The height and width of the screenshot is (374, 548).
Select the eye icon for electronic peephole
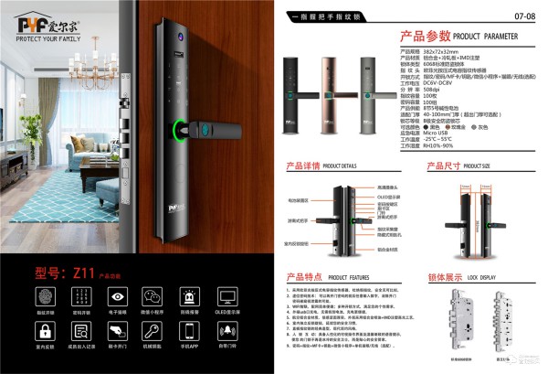click(117, 295)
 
